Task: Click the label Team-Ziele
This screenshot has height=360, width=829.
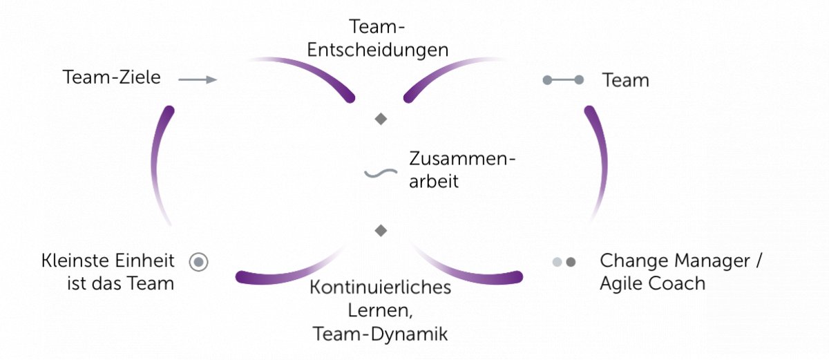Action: click(111, 77)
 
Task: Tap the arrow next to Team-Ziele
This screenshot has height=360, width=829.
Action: click(198, 79)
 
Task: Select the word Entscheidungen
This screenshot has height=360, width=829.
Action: click(378, 50)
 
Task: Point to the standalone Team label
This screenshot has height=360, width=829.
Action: click(625, 80)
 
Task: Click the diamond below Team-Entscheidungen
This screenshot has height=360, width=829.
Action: click(381, 120)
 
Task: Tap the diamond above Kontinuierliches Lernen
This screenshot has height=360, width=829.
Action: click(380, 230)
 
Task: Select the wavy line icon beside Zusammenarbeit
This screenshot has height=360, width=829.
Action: click(381, 172)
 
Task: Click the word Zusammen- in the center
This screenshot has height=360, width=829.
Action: click(462, 159)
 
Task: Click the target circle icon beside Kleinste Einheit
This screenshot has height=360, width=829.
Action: click(198, 262)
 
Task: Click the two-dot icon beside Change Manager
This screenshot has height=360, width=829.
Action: click(564, 262)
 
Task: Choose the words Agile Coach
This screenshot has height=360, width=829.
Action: click(653, 283)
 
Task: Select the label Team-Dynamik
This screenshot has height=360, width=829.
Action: click(380, 334)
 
